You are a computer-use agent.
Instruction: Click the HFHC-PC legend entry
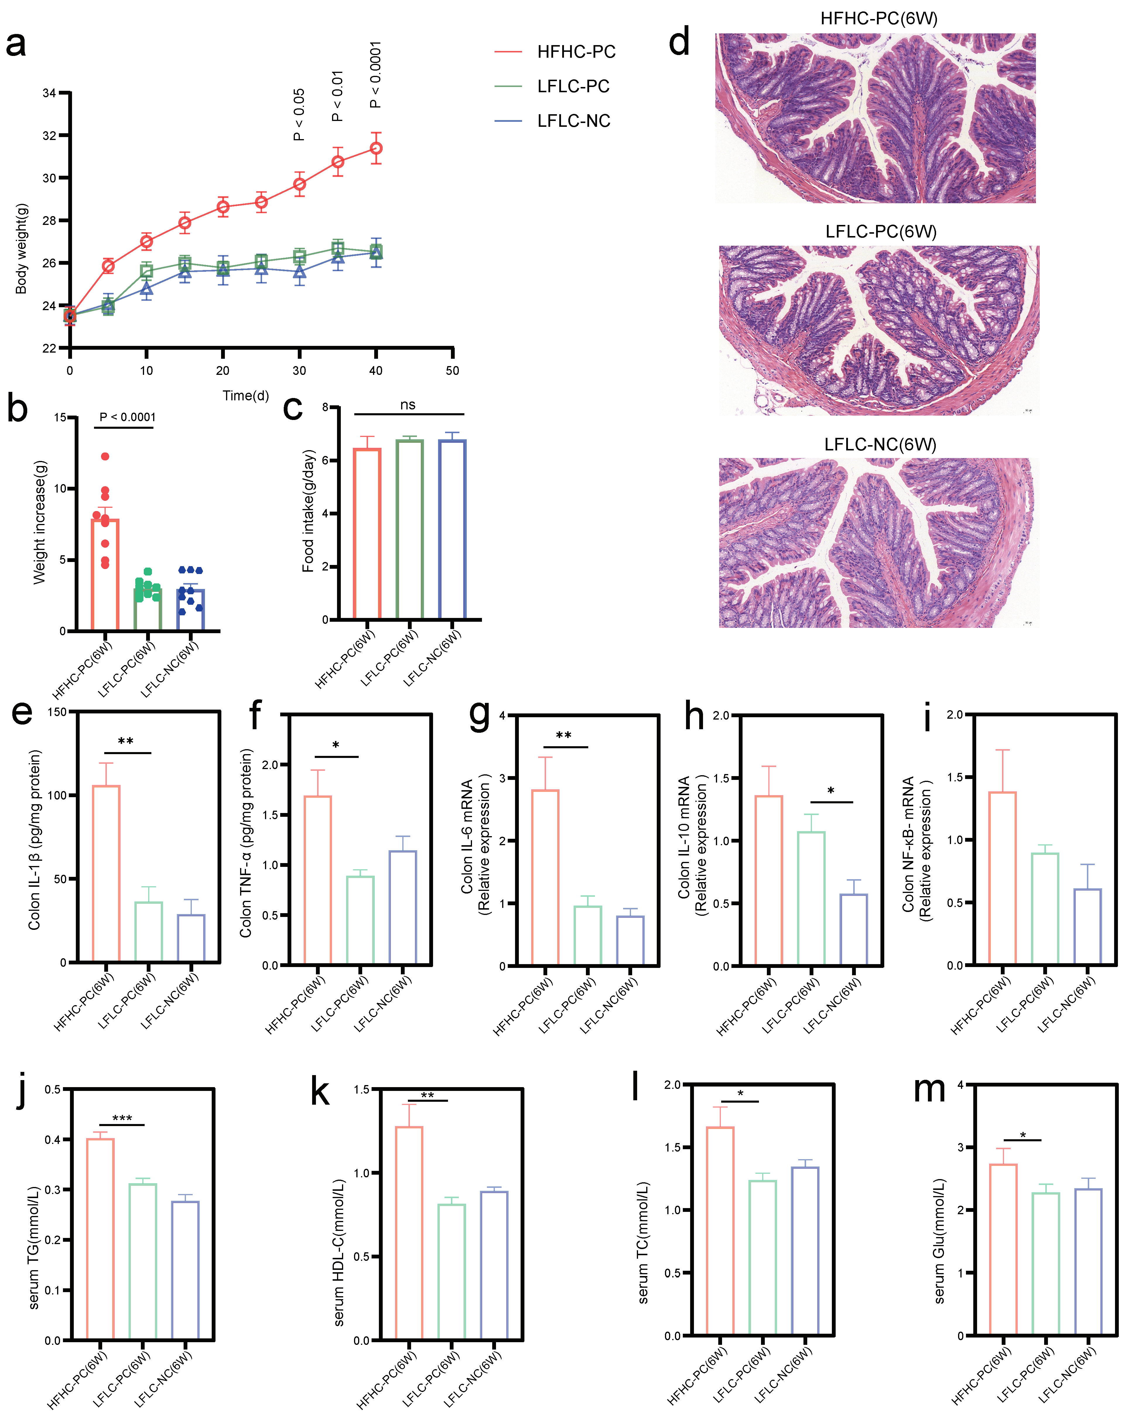[x=575, y=52]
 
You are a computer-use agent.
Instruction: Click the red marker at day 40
[x=376, y=148]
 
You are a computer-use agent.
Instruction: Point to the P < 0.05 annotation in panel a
[x=299, y=115]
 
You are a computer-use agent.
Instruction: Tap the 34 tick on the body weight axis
[x=49, y=93]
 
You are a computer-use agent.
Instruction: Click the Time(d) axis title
[x=245, y=395]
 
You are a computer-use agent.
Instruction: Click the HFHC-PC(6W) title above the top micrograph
[x=879, y=18]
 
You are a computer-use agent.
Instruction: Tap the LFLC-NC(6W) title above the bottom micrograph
[x=880, y=445]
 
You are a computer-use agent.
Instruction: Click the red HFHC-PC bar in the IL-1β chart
[x=106, y=874]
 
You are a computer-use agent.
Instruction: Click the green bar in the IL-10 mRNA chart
[x=811, y=898]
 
